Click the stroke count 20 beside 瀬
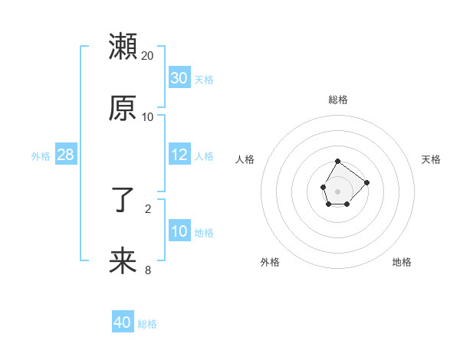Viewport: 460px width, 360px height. (148, 56)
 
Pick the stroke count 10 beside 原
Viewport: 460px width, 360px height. (148, 117)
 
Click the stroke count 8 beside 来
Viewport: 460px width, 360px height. (148, 270)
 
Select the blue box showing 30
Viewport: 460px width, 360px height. (179, 78)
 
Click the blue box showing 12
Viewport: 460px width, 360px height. (179, 155)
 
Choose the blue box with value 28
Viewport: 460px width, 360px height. (66, 155)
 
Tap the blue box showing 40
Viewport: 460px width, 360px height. (123, 322)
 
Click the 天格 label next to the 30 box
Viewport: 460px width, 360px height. (204, 79)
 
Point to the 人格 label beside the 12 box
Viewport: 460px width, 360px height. (204, 155)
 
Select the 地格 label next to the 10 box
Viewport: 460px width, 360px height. (204, 232)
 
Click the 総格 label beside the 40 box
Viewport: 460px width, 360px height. (147, 323)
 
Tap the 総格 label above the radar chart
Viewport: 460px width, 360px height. (338, 100)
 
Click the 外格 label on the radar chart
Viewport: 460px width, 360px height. (270, 262)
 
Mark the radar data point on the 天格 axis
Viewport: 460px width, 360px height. (366, 182)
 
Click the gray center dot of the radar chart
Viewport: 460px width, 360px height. (337, 190)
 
